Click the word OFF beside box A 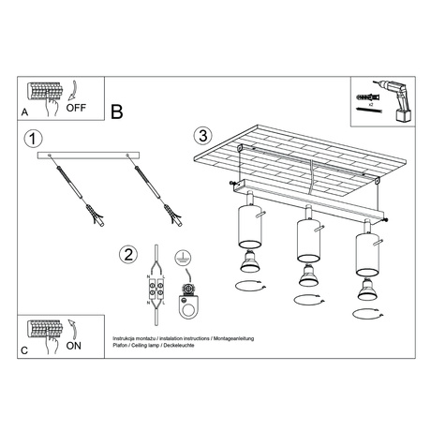(x=78, y=107)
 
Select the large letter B (x=117, y=112)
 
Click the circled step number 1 (x=34, y=139)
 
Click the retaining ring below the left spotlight (x=248, y=286)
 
